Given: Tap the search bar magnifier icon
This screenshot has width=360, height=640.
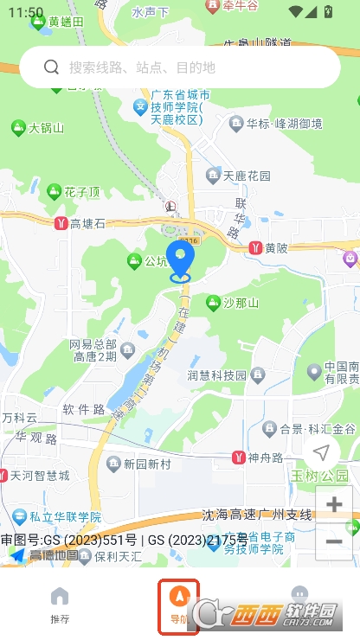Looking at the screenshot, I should point(51,67).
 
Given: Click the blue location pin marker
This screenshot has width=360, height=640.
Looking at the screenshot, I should point(181,260).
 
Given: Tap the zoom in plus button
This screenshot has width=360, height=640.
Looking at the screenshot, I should point(333,504).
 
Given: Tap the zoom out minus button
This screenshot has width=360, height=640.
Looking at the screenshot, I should point(333,541).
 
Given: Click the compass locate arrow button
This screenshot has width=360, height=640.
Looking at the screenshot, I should point(321,452).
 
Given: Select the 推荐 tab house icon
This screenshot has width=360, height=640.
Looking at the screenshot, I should point(60,596).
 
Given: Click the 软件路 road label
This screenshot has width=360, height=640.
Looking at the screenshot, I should point(83,408).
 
